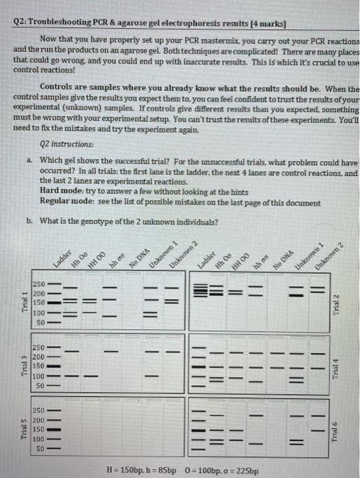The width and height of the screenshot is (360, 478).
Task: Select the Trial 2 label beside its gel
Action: tap(335, 300)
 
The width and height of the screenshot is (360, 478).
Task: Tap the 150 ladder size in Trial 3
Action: tap(39, 366)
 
